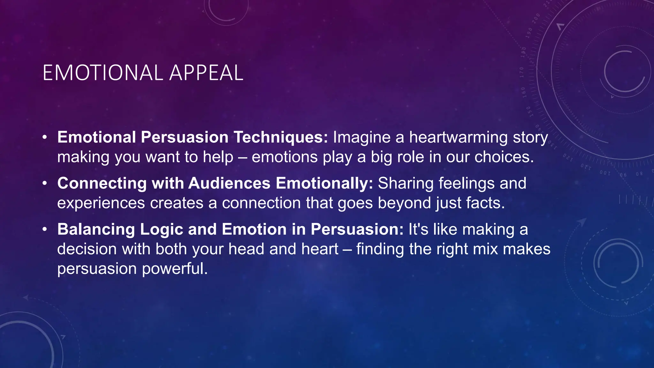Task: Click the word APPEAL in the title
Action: coord(206,73)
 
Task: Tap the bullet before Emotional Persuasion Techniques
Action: coord(45,138)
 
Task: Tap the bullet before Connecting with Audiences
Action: coord(45,184)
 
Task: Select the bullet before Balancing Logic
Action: coord(45,230)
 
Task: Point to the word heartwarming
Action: coord(458,138)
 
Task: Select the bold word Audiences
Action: coord(229,184)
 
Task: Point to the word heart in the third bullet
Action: coord(320,249)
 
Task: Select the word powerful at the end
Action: coord(175,269)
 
